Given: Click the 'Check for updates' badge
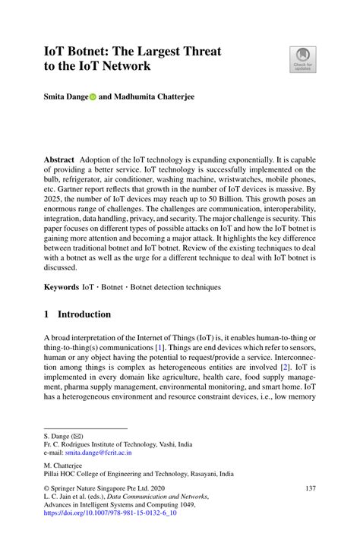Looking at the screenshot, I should click(302, 59).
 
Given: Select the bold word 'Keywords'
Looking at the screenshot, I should click(62, 288).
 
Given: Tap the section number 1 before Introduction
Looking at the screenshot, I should click(46, 314).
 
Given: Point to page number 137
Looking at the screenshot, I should click(309, 488).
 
